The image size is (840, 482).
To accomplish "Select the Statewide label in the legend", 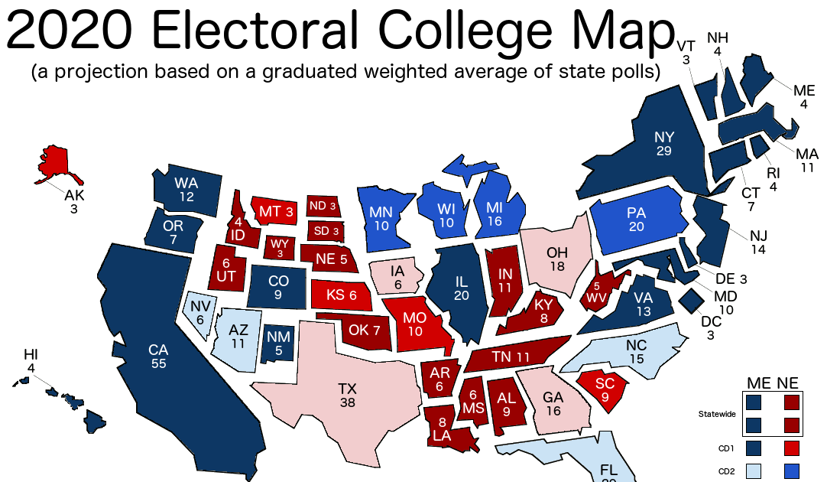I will [717, 414].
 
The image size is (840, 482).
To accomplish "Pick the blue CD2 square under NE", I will [791, 470].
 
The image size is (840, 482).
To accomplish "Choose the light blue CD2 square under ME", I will [754, 470].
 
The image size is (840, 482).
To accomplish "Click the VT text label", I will [686, 46].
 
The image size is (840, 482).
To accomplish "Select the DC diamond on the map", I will [692, 299].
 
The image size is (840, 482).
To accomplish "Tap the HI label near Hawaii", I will [31, 353].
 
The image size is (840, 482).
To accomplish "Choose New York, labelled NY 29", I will [662, 142].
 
